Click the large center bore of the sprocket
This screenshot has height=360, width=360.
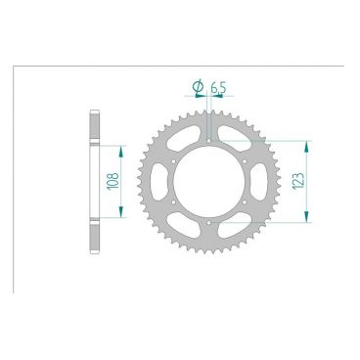[x=210, y=182]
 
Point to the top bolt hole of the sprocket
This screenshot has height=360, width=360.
[x=210, y=141]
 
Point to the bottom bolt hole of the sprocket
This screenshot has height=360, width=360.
[x=210, y=223]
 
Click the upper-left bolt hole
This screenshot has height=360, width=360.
[x=175, y=161]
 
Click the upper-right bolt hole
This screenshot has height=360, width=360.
[x=246, y=161]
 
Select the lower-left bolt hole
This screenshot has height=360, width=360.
[x=175, y=202]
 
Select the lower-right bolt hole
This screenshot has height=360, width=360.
[x=246, y=202]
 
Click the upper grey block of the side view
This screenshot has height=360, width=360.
[x=96, y=127]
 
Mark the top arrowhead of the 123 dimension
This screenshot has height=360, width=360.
[x=309, y=144]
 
